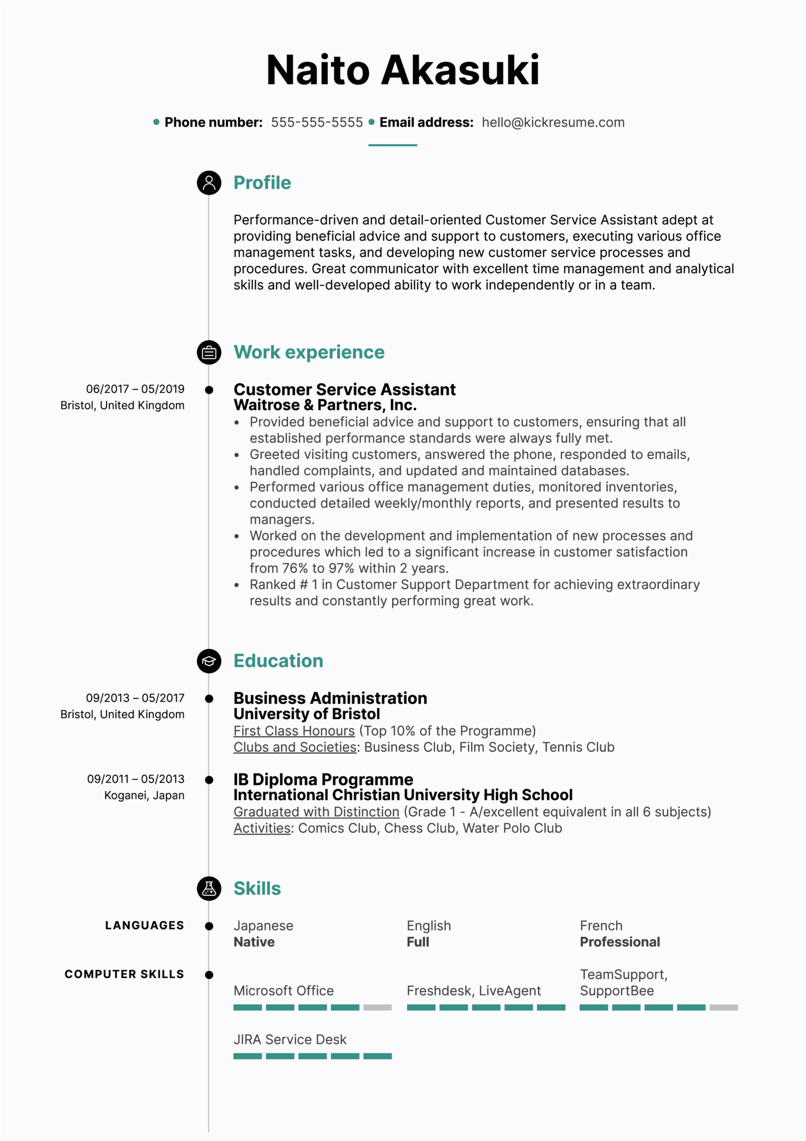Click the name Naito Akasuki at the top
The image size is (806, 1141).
coord(402,70)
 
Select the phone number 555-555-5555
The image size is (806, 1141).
coord(317,123)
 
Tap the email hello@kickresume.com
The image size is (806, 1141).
coord(553,123)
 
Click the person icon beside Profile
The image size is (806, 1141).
coord(209,183)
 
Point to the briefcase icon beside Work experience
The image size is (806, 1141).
coord(209,353)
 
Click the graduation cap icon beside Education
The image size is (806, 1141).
coord(209,661)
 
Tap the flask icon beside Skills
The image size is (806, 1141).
coord(209,888)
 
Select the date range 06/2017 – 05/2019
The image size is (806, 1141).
coord(135,389)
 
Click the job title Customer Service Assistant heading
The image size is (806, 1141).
coord(344,389)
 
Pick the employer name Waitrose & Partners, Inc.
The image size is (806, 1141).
coord(325,405)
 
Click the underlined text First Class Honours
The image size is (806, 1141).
coord(294,731)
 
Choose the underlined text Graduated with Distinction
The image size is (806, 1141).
coord(316,812)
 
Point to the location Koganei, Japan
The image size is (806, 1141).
coord(144,795)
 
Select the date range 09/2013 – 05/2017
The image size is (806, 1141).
coord(135,698)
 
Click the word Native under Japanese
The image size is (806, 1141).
coord(254,942)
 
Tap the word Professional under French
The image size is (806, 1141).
coord(620,942)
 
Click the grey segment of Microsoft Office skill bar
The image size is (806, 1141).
coord(378,1008)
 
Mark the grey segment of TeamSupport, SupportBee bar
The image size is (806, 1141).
coord(724,1008)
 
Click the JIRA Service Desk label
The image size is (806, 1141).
coord(290,1039)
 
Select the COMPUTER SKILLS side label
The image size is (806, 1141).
coord(124,975)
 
